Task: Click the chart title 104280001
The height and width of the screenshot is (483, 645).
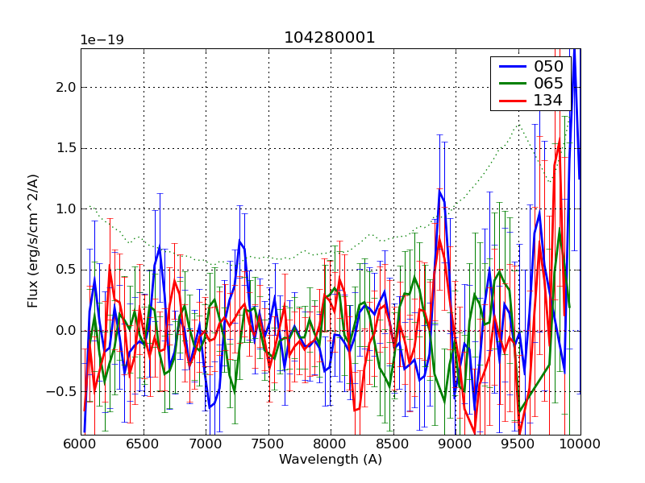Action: [x=330, y=38]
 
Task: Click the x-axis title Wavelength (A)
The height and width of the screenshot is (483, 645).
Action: [x=331, y=460]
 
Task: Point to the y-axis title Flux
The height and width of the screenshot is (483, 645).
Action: [x=33, y=242]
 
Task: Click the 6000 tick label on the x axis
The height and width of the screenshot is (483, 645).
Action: [x=81, y=444]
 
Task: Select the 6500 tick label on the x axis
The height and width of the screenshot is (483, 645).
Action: [x=144, y=444]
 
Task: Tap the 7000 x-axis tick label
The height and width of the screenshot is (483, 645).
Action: [x=206, y=444]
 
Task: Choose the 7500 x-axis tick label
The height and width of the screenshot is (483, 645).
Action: [x=268, y=444]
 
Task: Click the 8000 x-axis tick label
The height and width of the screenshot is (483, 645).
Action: [x=331, y=444]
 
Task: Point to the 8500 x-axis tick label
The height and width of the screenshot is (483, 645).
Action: [x=393, y=444]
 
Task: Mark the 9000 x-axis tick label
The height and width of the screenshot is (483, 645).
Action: [x=456, y=444]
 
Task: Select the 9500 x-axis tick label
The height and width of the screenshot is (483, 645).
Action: [x=518, y=444]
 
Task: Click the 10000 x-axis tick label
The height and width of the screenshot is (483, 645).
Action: [x=580, y=444]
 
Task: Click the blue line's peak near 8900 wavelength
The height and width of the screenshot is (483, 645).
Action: [x=440, y=190]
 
